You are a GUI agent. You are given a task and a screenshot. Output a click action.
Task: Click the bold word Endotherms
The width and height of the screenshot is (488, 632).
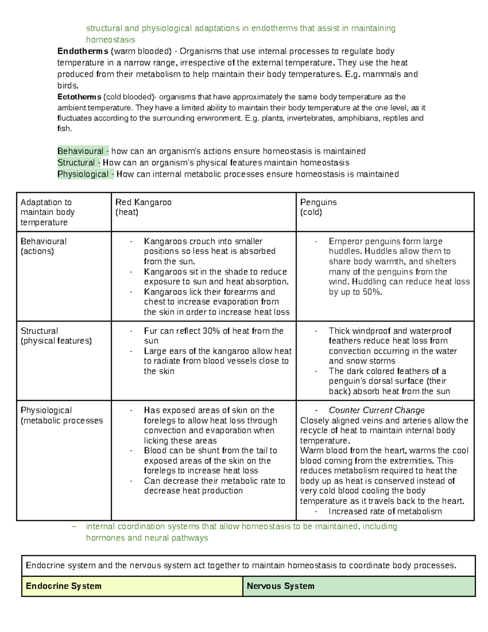[x=83, y=51]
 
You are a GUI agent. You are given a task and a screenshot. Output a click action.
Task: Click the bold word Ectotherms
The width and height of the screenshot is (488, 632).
[x=79, y=97]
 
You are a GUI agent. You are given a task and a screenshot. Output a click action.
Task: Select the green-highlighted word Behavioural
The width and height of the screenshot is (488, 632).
[x=81, y=151]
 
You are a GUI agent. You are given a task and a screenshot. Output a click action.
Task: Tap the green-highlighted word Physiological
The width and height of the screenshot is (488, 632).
[x=83, y=174]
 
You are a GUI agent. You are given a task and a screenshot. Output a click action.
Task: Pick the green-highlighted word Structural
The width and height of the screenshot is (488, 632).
[x=76, y=163]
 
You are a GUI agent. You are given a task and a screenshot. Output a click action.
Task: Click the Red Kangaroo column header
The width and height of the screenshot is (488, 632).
[x=144, y=203]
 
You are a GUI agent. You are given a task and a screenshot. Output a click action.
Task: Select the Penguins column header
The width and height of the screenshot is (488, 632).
[x=318, y=203]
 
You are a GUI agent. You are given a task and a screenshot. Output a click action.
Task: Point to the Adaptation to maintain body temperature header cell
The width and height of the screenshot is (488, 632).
[x=48, y=212]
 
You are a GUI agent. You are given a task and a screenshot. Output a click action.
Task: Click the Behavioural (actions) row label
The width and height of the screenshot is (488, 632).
[x=44, y=246]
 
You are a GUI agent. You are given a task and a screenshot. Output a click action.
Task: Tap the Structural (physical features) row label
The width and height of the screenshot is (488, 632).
[x=56, y=336]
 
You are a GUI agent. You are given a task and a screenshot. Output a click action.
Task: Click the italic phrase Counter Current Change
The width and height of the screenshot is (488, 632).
[x=377, y=410]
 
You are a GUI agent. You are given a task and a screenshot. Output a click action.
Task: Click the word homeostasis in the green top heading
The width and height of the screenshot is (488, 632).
[x=111, y=40]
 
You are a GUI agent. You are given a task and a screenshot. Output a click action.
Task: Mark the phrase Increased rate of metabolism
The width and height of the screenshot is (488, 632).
[x=385, y=512]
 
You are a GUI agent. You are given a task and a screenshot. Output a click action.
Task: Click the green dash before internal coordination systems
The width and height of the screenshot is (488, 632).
[x=74, y=526]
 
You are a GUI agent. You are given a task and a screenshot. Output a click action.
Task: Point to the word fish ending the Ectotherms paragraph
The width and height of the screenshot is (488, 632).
[x=64, y=129]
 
